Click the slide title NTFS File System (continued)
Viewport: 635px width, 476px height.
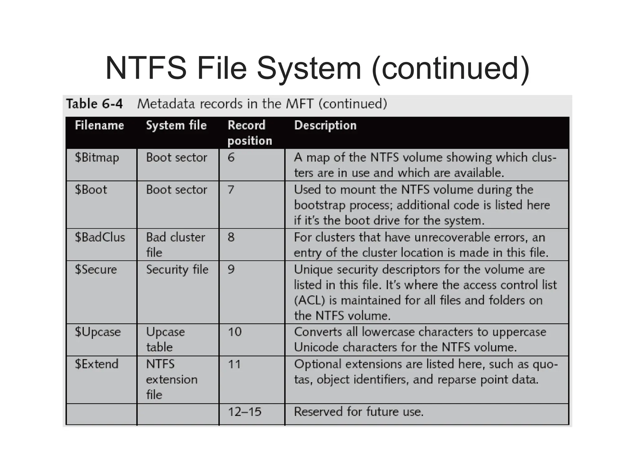coord(317,68)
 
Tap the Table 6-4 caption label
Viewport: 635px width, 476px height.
coord(95,104)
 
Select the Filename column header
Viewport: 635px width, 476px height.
coord(99,126)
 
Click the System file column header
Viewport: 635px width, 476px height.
coord(176,126)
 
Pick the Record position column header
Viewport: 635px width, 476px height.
coord(250,133)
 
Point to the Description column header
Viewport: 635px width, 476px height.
coord(325,126)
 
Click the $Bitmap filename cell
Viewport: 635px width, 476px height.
coord(97,158)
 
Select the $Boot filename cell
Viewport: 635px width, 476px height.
coord(91,190)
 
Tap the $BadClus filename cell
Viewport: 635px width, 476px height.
coord(100,237)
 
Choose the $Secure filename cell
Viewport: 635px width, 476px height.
coord(96,270)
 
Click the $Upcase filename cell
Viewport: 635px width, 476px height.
coord(98,332)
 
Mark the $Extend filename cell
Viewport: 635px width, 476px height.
coord(96,364)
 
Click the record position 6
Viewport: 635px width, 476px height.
coord(231,157)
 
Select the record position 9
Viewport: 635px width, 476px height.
coord(231,269)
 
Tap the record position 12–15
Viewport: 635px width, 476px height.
coord(245,412)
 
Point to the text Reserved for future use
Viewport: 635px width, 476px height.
coord(358,412)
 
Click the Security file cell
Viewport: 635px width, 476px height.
coord(177,270)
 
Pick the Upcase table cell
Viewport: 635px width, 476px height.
coord(165,339)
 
